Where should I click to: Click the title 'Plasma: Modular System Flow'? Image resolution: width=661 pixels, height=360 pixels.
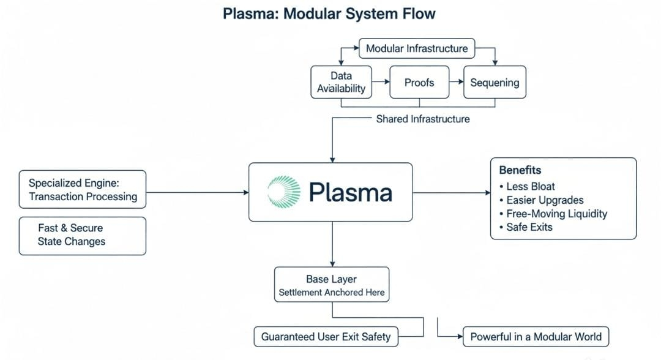tap(329, 14)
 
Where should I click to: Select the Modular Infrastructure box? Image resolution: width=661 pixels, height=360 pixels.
tap(416, 48)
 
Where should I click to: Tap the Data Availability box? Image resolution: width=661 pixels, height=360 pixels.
tap(341, 82)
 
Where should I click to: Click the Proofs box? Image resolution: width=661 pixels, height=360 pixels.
tap(419, 82)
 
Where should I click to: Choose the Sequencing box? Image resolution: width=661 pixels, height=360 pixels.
tap(494, 82)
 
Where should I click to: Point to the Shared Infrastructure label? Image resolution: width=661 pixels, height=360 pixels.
tap(423, 119)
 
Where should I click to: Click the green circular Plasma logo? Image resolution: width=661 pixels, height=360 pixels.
tap(285, 192)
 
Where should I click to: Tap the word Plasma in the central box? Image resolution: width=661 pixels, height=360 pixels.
tap(350, 192)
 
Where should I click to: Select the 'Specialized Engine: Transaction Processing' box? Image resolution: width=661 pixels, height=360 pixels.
tap(83, 190)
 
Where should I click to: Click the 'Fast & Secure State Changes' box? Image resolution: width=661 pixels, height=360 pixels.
tap(83, 235)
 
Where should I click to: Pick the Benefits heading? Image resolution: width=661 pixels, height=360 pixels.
tap(520, 170)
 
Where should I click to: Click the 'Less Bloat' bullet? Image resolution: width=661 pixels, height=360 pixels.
tap(530, 186)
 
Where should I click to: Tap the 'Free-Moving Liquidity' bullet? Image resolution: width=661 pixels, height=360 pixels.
tap(556, 214)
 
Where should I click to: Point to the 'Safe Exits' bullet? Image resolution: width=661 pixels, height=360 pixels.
tap(529, 227)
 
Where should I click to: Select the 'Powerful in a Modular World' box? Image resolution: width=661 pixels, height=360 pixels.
tap(536, 336)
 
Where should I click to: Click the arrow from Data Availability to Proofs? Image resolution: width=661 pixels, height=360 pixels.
tap(381, 81)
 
